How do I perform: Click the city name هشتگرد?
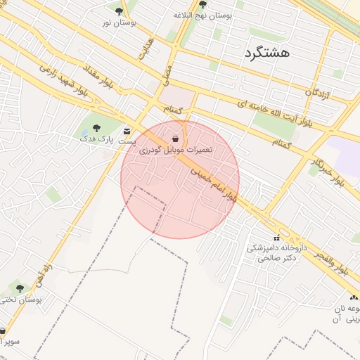267,52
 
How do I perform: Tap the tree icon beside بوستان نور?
119,11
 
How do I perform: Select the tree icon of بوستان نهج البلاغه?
203,4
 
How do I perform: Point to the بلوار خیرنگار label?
328,171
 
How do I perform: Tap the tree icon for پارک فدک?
96,127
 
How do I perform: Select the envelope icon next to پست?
127,131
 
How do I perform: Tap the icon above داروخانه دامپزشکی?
276,238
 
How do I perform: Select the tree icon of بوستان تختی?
20,288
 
